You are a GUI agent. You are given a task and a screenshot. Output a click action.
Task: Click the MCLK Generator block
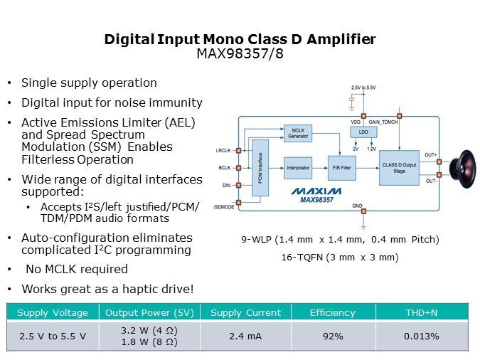[298, 133]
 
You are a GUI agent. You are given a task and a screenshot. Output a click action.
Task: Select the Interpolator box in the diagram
[298, 168]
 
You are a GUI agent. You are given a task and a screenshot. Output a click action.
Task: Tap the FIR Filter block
[341, 168]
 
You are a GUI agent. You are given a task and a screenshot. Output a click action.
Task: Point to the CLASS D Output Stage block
[399, 168]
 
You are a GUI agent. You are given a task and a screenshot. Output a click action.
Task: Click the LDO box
[363, 132]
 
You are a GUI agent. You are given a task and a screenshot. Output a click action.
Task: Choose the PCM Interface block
[260, 168]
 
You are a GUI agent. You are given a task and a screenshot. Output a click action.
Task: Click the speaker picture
[463, 169]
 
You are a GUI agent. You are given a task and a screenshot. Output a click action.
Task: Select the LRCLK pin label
[223, 150]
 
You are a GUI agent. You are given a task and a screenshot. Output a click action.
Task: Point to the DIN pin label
[227, 186]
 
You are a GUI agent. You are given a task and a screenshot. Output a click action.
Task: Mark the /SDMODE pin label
[224, 207]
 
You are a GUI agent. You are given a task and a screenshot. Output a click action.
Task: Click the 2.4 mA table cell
[245, 336]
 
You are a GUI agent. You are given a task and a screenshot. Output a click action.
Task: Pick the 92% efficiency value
[333, 336]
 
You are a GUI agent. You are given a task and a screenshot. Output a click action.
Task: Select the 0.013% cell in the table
[422, 336]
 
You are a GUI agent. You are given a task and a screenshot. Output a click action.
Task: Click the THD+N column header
[422, 312]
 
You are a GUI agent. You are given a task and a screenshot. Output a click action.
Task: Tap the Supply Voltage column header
[53, 313]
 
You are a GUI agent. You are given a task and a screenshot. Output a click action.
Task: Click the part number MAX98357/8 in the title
[240, 53]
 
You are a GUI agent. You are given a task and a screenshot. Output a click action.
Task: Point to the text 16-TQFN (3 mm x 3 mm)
[340, 257]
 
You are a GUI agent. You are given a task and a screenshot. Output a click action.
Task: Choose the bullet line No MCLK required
[77, 269]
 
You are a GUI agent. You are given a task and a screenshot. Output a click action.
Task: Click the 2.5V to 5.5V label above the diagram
[363, 88]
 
